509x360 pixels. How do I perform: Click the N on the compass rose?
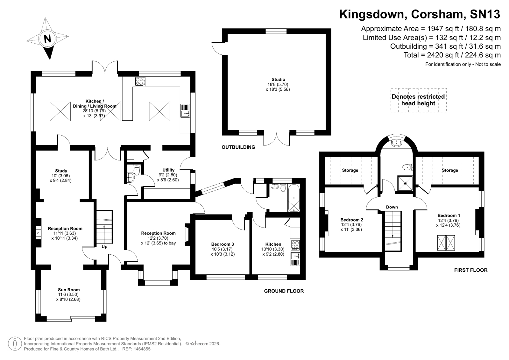point(47,39)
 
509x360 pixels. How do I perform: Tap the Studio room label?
point(278,80)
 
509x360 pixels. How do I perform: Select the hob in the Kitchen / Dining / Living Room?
point(140,81)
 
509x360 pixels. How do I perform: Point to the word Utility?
point(168,170)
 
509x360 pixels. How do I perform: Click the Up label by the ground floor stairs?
point(104,247)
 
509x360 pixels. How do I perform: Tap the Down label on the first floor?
point(392,207)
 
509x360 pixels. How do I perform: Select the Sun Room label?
point(69,290)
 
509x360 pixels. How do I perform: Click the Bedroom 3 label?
point(223,244)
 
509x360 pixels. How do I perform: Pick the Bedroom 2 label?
point(351,220)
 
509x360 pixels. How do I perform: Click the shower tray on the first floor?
point(405,183)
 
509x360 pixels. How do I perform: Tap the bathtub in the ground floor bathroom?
point(294,198)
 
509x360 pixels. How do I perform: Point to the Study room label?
point(61,171)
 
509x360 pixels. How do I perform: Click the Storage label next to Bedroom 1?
point(450,170)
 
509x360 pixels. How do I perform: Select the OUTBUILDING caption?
point(238,147)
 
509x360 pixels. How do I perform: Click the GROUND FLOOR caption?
point(284,291)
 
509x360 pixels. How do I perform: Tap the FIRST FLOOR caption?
point(471,270)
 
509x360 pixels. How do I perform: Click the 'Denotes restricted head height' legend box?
point(418,100)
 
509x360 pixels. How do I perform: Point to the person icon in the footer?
point(15,343)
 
